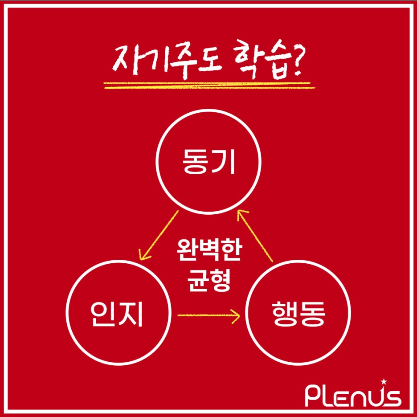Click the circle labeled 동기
pos(208,162)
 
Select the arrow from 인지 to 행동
pos(208,316)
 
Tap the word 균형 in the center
pos(208,280)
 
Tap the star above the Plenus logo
pos(384,381)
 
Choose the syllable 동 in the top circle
pos(195,162)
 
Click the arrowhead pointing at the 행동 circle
pos(237,316)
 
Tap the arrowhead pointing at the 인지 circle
pos(143,256)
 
